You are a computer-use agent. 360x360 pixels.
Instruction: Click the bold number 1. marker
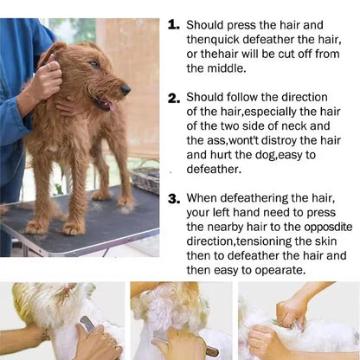(x=173, y=26)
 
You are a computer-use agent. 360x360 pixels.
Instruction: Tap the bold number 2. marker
(x=174, y=99)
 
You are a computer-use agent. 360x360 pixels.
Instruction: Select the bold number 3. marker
(x=174, y=198)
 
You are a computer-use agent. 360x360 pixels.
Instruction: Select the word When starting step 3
(x=204, y=198)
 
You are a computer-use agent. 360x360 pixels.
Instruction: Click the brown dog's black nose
(x=126, y=89)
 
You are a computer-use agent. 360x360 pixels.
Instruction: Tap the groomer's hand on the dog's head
(x=45, y=80)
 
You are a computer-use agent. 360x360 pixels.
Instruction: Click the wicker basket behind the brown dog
(x=145, y=177)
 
